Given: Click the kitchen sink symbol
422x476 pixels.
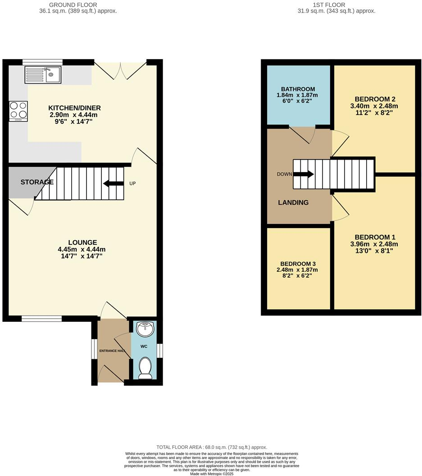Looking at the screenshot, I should pyautogui.click(x=43, y=74).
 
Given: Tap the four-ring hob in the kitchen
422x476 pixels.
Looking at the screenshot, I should pyautogui.click(x=18, y=111).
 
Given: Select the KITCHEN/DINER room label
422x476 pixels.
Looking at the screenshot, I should pyautogui.click(x=74, y=108).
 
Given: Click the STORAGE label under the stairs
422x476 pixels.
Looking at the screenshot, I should pyautogui.click(x=37, y=182).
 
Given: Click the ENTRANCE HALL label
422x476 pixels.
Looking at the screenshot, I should pyautogui.click(x=112, y=351).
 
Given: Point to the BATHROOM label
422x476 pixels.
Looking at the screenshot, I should pyautogui.click(x=298, y=89).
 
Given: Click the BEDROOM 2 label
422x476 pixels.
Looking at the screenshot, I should pyautogui.click(x=375, y=99).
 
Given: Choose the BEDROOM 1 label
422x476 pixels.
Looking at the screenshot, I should pyautogui.click(x=375, y=238).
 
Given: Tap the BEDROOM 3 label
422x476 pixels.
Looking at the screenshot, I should pyautogui.click(x=298, y=264).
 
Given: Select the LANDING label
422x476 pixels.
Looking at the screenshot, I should pyautogui.click(x=293, y=202).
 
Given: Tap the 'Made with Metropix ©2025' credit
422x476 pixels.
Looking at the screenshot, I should pyautogui.click(x=211, y=474).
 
